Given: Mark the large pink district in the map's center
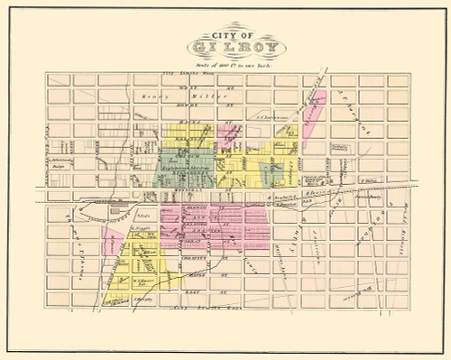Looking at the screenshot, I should point(216,230).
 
